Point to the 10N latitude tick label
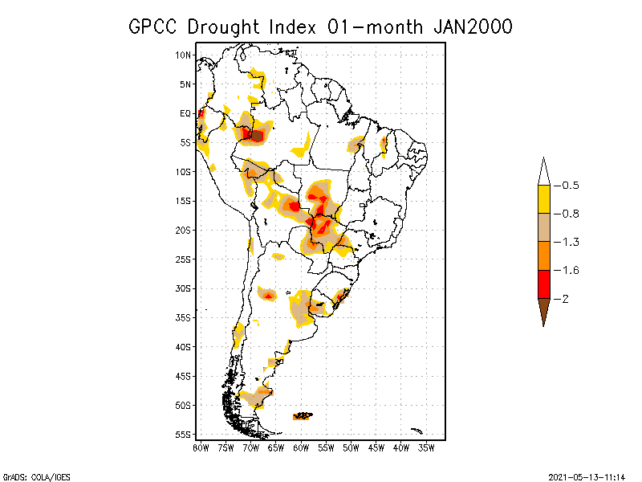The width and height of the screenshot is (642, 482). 184,55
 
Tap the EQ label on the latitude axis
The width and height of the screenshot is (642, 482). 185,113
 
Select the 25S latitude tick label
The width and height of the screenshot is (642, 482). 184,259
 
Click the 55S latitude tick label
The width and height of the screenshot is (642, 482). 184,434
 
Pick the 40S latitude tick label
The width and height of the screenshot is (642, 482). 184,346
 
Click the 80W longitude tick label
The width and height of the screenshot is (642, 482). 201,447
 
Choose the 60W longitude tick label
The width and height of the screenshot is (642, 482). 301,447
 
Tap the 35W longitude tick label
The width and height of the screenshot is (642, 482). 427,447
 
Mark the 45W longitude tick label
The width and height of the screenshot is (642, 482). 376,447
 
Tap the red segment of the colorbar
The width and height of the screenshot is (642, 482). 543,284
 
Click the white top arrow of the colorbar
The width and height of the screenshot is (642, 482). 543,172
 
